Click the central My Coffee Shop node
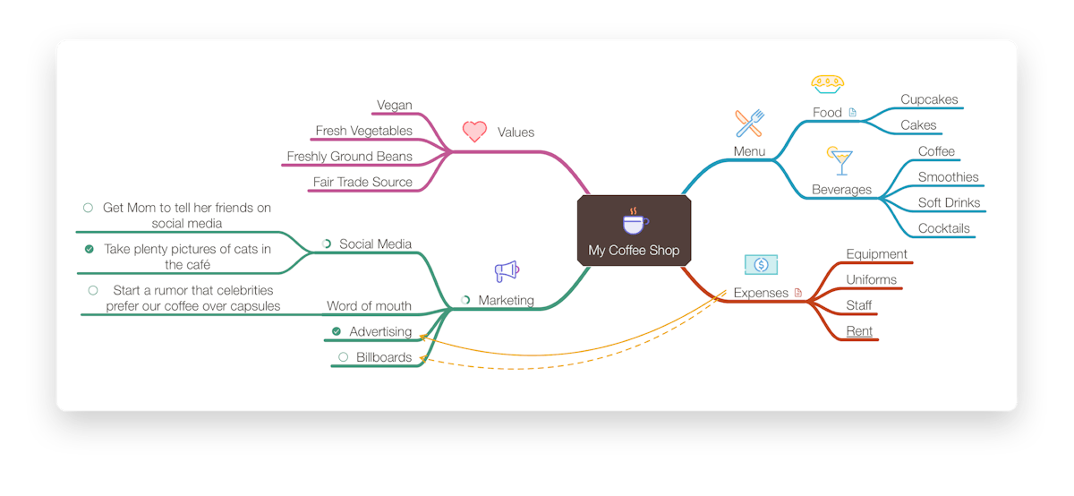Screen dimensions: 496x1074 tap(634, 231)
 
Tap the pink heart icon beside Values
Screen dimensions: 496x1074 tap(474, 132)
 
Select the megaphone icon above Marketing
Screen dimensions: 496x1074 tap(507, 271)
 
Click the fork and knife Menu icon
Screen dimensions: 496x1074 tap(749, 124)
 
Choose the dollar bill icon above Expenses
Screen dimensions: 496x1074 tap(761, 264)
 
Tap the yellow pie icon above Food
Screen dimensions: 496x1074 tap(828, 84)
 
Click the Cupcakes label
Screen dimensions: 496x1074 tap(929, 99)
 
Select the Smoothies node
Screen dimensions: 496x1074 tap(948, 177)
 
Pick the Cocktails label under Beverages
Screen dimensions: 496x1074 tap(943, 228)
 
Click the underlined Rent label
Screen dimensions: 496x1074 tap(859, 331)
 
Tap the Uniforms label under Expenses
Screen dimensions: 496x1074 tap(871, 279)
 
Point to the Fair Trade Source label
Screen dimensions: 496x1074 tap(362, 182)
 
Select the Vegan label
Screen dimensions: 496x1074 tap(395, 105)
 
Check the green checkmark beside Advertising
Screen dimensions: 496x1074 tap(337, 331)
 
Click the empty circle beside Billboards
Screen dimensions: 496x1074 tap(343, 357)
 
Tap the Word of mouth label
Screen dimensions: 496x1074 tap(369, 305)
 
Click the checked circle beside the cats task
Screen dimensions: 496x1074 tap(89, 249)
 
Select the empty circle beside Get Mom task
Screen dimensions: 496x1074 tap(88, 208)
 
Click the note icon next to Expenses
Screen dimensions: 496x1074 tap(797, 292)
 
